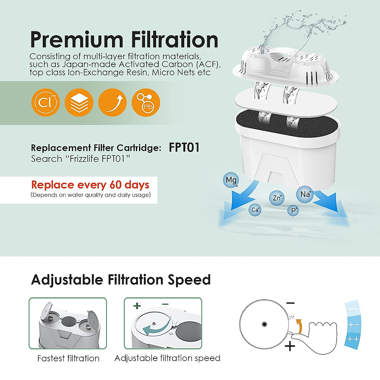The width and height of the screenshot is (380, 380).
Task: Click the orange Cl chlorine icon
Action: pos(46,102)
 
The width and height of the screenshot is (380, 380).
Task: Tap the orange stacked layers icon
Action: pos(79,102)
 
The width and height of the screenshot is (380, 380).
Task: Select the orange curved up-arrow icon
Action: pos(112,102)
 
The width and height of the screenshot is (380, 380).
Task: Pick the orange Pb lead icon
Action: pos(146,102)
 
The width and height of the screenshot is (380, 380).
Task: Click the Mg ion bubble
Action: pos(231,180)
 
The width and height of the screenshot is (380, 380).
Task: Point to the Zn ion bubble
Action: pos(277,198)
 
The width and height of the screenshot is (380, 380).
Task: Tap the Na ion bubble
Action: pos(305,194)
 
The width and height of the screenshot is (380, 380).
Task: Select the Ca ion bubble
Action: pos(255,210)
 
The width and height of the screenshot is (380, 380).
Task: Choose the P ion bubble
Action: pos(294,211)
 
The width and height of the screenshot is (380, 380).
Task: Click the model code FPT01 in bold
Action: pos(184,148)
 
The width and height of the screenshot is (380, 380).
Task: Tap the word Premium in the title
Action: pos(76,40)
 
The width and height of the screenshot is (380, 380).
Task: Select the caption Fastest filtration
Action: pos(68,358)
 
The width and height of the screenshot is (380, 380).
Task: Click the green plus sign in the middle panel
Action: pos(137,306)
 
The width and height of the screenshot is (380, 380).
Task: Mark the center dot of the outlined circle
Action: pos(264,324)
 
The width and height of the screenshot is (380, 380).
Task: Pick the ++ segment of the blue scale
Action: pos(353,339)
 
